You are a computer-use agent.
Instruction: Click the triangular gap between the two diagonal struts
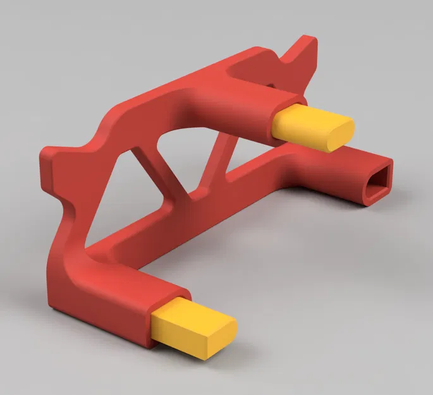[x=183, y=152]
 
